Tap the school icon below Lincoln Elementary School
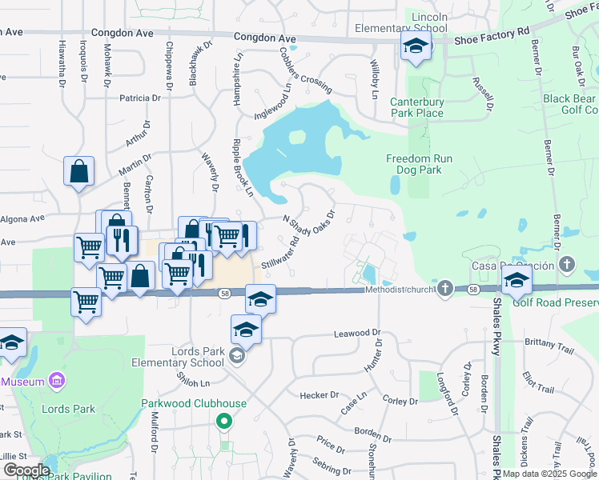[x=416, y=47]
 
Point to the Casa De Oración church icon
[x=567, y=265]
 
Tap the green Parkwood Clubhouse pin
[x=224, y=420]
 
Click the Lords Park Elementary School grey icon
[x=236, y=355]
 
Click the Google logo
[x=26, y=470]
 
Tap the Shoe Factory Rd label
[x=500, y=30]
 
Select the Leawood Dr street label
[x=356, y=332]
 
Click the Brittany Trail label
[x=549, y=342]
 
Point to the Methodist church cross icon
[x=446, y=288]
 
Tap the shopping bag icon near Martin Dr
[x=80, y=171]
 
